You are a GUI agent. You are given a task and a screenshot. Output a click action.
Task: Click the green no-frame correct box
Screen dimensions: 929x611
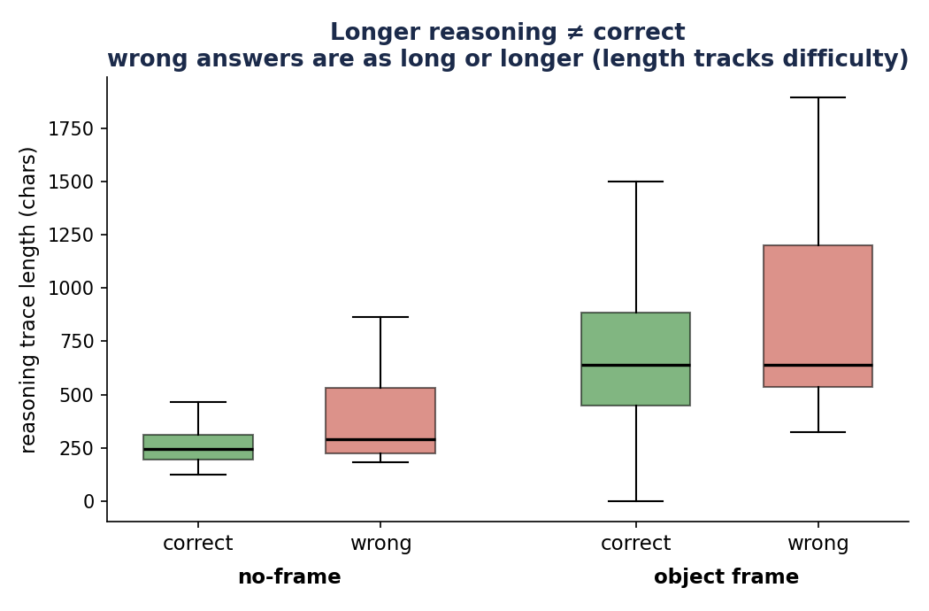click(198, 446)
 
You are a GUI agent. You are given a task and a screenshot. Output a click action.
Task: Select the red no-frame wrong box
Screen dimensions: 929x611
click(380, 421)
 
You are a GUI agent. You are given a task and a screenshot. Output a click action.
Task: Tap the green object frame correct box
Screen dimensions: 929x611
click(636, 359)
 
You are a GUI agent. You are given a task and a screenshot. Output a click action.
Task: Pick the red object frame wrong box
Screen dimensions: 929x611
click(818, 316)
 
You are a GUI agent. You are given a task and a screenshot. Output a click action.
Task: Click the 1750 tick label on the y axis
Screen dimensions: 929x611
click(71, 128)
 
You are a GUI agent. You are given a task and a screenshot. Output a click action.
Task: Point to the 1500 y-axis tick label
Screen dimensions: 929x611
click(71, 182)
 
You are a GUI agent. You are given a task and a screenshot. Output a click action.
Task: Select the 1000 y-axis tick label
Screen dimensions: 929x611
click(71, 289)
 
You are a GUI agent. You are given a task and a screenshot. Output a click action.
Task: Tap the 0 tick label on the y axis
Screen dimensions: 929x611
click(88, 502)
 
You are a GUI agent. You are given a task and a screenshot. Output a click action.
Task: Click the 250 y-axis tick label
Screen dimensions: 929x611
click(77, 448)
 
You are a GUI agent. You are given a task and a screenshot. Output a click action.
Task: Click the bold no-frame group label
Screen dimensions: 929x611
click(289, 576)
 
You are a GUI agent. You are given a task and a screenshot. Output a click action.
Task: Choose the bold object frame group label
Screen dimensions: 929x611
click(726, 576)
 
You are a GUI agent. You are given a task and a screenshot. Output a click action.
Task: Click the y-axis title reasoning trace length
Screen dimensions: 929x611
click(28, 300)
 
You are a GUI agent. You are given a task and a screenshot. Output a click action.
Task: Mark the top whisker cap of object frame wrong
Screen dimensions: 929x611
click(818, 97)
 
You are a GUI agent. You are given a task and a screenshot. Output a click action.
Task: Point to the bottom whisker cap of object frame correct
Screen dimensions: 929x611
click(636, 501)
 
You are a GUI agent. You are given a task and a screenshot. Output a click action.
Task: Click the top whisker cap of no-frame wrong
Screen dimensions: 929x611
click(380, 317)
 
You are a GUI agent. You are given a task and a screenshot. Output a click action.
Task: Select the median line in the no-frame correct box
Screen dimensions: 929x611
click(198, 449)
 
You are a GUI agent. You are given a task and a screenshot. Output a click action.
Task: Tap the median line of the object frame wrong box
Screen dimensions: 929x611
click(818, 365)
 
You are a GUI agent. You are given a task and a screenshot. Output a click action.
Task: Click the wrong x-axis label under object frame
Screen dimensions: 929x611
click(818, 543)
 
